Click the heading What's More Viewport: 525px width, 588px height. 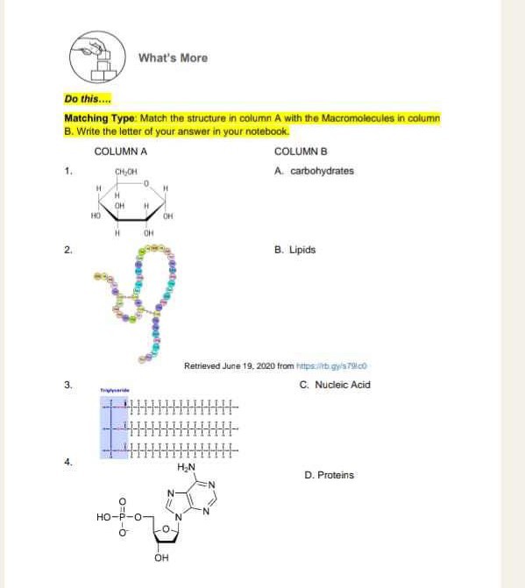click(173, 58)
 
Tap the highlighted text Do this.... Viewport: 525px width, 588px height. click(82, 99)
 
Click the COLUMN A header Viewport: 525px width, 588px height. click(120, 151)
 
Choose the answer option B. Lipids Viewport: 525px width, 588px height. click(294, 250)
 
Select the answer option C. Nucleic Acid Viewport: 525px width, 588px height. click(335, 385)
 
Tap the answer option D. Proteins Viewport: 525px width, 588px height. click(329, 475)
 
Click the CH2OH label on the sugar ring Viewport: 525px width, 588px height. click(123, 172)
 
